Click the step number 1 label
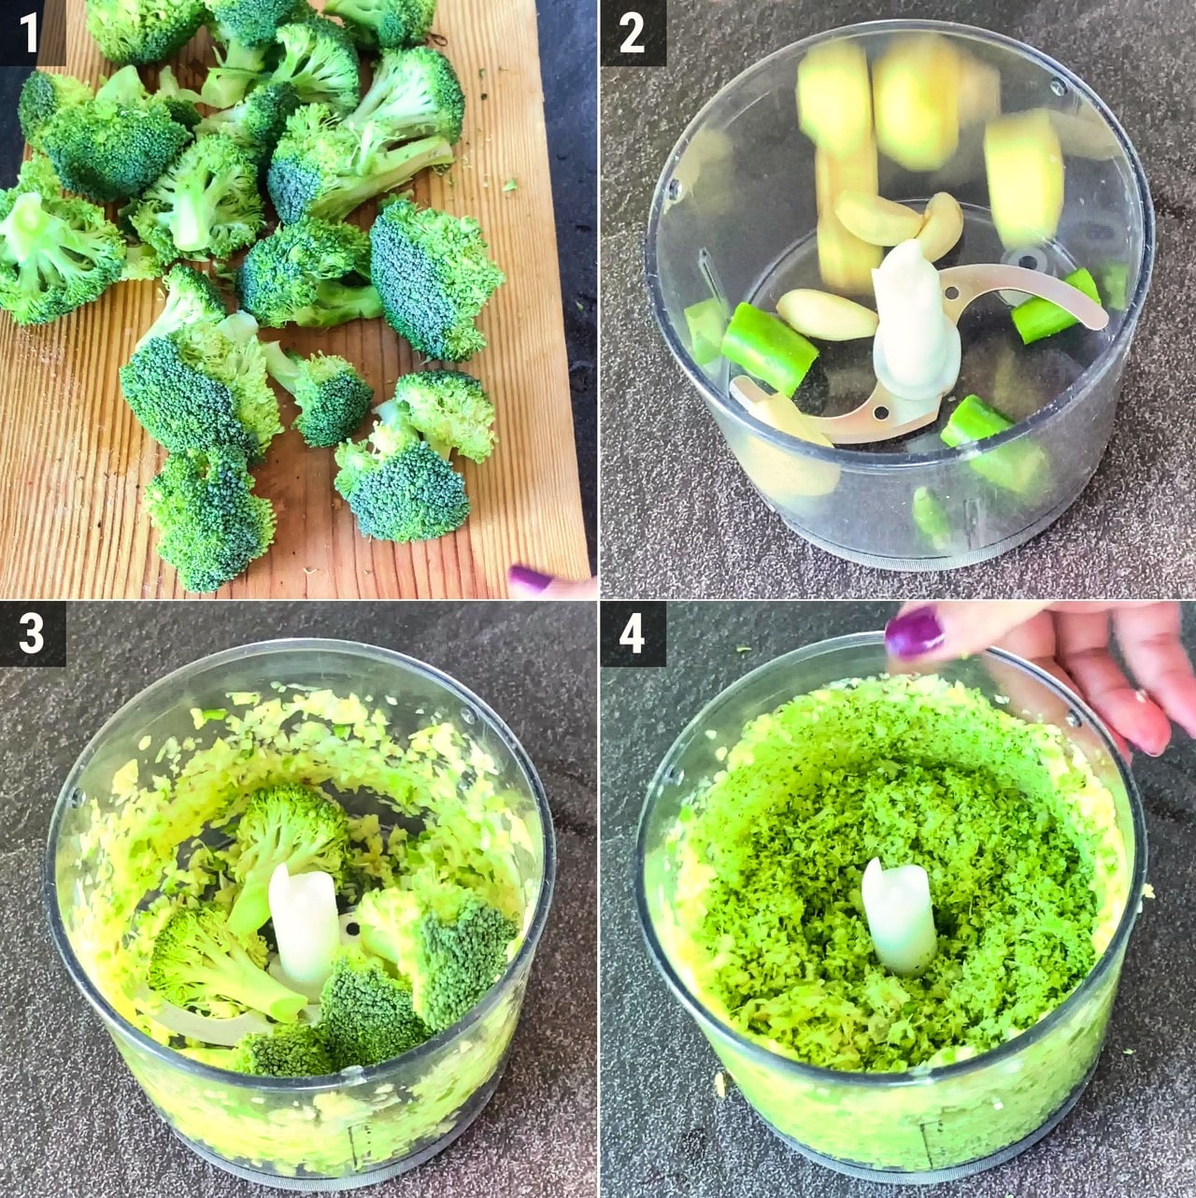[29, 33]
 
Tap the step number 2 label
[633, 33]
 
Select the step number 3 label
[32, 634]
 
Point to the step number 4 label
[633, 634]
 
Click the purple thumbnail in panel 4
[914, 634]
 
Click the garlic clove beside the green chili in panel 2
[827, 315]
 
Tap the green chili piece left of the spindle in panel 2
[770, 349]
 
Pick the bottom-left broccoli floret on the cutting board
[208, 520]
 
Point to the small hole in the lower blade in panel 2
[880, 411]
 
